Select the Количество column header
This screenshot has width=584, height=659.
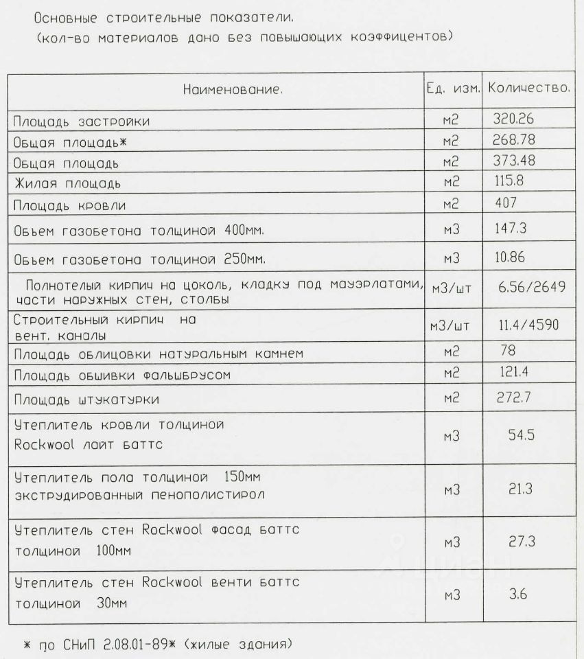click(530, 89)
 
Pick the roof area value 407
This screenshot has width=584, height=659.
click(508, 205)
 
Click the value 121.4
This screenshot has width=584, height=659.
click(512, 373)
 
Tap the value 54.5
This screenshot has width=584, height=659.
click(515, 437)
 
